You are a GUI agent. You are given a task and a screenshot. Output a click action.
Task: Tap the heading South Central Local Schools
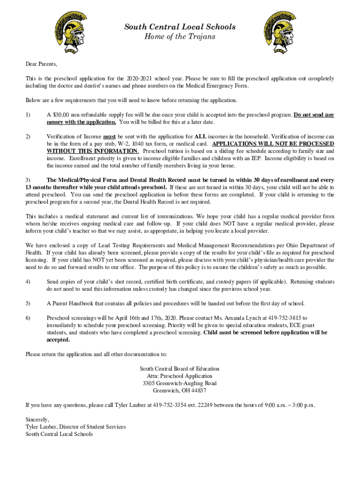[180, 27]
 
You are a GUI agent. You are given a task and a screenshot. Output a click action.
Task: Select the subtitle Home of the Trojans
[180, 36]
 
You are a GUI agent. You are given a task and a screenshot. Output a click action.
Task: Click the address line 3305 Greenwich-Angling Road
[180, 384]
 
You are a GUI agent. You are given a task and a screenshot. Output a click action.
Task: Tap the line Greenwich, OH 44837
[180, 391]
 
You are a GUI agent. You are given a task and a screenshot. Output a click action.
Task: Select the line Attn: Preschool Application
[180, 376]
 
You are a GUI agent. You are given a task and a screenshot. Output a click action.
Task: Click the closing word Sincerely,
[37, 420]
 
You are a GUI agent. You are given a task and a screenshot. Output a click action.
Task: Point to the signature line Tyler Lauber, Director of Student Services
[76, 427]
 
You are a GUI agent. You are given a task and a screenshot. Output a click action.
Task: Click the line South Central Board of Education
[180, 369]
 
